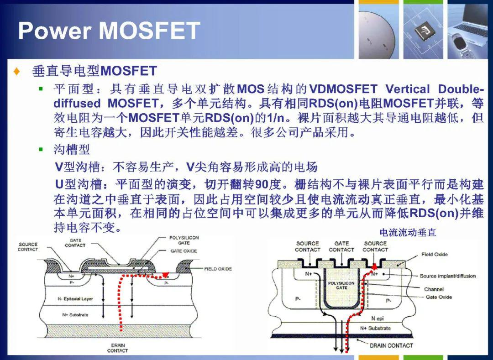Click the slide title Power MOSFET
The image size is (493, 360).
coord(109,31)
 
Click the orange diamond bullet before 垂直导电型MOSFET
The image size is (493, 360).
coord(17,71)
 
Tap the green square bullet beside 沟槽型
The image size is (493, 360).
coord(41,149)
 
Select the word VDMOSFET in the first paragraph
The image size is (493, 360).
coord(343,89)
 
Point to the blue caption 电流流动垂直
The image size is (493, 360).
coord(408,232)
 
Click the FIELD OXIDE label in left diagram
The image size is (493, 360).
coord(218,269)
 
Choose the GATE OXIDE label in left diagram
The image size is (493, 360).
coord(184,251)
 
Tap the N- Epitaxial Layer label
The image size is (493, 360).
coord(75,299)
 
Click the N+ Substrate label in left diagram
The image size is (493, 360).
coord(75,315)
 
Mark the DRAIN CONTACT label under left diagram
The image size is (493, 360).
coord(118,348)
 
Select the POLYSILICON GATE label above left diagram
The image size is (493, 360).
coord(184,240)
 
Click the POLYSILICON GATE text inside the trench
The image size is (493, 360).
coord(341,286)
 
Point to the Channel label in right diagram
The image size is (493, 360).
coord(434,289)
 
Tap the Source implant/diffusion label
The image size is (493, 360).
coord(448,276)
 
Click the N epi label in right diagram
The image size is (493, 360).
coord(378,318)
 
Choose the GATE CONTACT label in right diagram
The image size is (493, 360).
coord(341,246)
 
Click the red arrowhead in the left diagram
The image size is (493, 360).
coord(165,275)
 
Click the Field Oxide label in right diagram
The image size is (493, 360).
coord(434,255)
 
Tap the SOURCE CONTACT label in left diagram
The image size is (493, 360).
coord(28,247)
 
